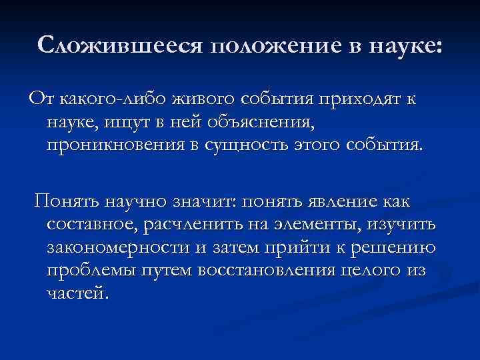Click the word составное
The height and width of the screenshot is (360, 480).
tap(91, 225)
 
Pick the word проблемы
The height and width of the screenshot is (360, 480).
tap(88, 272)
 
